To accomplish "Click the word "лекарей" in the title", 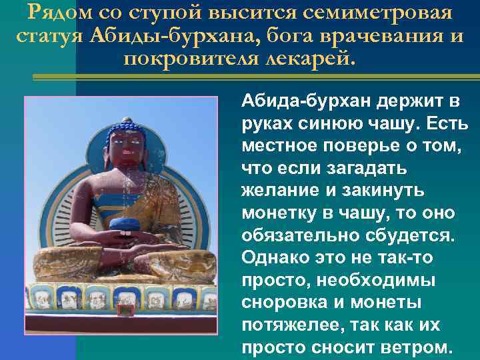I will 316,59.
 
